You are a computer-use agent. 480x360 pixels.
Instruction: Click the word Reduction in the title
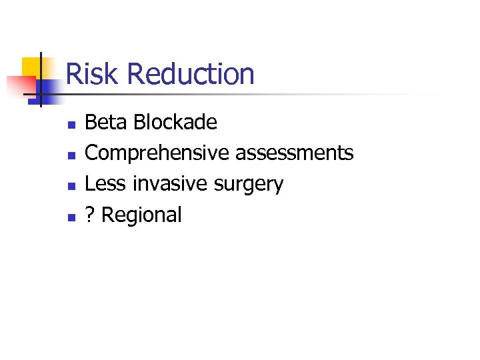(x=190, y=74)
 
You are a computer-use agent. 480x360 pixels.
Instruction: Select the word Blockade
(x=175, y=122)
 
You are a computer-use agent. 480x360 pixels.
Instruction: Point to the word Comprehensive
(x=157, y=153)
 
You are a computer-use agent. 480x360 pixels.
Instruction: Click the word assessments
(x=295, y=153)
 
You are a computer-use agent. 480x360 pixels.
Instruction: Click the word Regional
(x=141, y=215)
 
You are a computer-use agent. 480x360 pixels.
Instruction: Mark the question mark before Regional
(x=90, y=215)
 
